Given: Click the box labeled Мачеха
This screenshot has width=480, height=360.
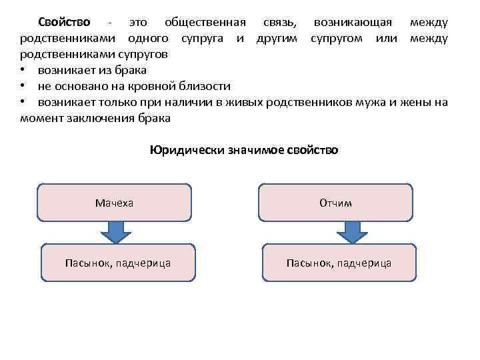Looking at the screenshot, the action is [x=113, y=203].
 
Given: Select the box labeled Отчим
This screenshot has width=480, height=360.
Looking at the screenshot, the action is [x=335, y=203].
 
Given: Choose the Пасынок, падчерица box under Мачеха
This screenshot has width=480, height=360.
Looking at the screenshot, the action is [x=118, y=263].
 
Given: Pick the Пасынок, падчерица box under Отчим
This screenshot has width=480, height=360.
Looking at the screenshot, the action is [x=339, y=263].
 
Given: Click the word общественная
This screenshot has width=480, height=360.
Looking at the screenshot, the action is [x=205, y=22].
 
